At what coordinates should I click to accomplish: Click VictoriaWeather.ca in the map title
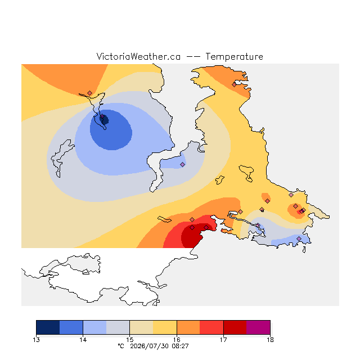138,56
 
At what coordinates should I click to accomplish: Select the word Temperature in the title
234,56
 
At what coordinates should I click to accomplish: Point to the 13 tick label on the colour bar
36,340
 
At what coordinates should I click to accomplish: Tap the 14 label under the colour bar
83,340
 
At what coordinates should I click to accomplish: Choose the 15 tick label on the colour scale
130,340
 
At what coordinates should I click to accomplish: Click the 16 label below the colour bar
177,340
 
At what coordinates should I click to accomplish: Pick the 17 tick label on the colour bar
223,340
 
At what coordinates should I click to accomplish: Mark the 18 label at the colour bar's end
270,340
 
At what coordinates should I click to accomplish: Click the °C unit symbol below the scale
121,346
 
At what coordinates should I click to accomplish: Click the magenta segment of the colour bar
258,327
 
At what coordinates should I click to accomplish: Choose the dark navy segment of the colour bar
48,327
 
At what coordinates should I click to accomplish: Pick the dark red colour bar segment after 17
235,327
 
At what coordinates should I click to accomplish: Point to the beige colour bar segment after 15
141,327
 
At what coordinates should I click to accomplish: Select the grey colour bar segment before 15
118,327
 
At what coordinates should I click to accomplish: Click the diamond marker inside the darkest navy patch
102,116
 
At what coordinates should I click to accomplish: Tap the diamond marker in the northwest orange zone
90,93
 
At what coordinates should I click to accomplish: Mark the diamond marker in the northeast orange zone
234,85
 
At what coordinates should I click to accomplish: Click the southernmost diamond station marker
299,238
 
